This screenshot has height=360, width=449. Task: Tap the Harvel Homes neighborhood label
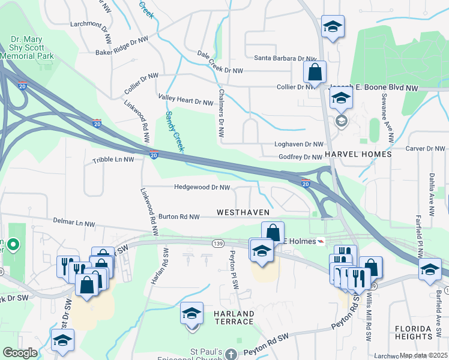[x=358, y=154]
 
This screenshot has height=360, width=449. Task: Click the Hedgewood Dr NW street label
[x=202, y=187]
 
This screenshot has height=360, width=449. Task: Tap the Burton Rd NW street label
[x=179, y=216]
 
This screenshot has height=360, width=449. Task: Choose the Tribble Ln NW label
[x=113, y=161]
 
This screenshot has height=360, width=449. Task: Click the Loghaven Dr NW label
[x=298, y=145]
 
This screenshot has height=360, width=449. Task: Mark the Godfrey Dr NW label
[x=300, y=157]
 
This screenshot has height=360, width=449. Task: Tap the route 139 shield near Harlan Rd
[x=217, y=243]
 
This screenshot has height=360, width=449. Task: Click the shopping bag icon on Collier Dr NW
[x=314, y=73]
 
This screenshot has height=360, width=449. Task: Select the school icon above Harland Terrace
[x=192, y=314]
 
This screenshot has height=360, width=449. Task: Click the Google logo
[x=20, y=353]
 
